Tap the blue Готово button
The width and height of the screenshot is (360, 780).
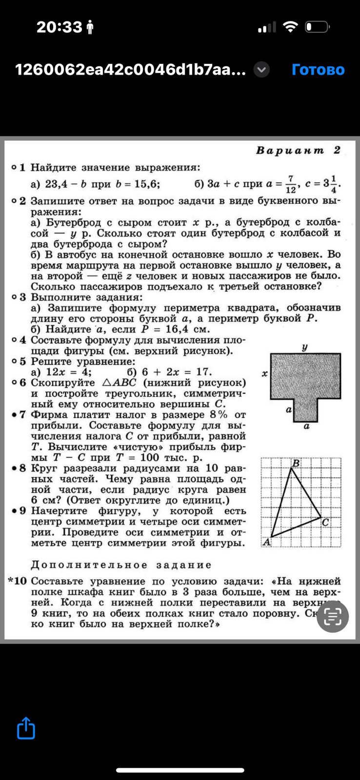[318, 70]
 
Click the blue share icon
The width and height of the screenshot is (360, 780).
[26, 728]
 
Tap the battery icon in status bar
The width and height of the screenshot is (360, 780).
[318, 27]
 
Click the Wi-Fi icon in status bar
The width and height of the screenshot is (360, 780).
[290, 27]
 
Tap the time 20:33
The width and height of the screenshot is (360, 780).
[59, 27]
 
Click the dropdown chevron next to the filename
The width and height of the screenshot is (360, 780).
[261, 70]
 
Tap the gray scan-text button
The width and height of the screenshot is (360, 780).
[333, 617]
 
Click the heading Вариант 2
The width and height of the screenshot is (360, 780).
[298, 150]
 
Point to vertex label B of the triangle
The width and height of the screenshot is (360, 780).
[295, 463]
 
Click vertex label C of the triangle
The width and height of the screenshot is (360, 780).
[325, 522]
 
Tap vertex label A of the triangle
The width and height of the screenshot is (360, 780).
[266, 542]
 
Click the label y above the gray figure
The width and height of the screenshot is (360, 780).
[305, 347]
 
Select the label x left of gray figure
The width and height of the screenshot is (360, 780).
[264, 374]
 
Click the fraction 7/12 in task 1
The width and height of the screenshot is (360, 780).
[291, 184]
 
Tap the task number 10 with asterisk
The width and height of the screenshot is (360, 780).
[18, 581]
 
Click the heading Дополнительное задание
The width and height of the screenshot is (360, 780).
[121, 565]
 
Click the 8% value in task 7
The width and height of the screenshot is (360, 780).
[218, 415]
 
